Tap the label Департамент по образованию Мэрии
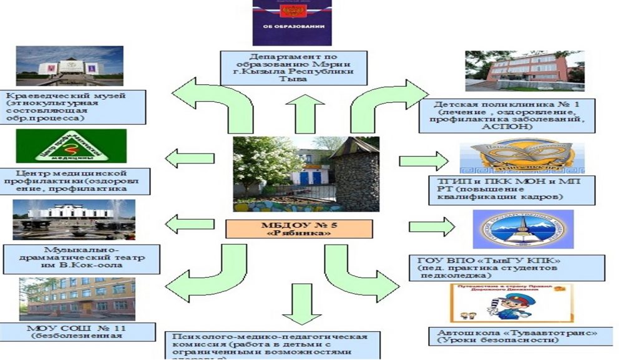tap(293, 67)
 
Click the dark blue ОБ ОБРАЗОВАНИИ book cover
tap(292, 22)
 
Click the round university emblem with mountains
tap(522, 230)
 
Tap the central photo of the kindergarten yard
tap(306, 173)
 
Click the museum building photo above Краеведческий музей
tap(70, 66)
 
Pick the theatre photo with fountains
tap(74, 220)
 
